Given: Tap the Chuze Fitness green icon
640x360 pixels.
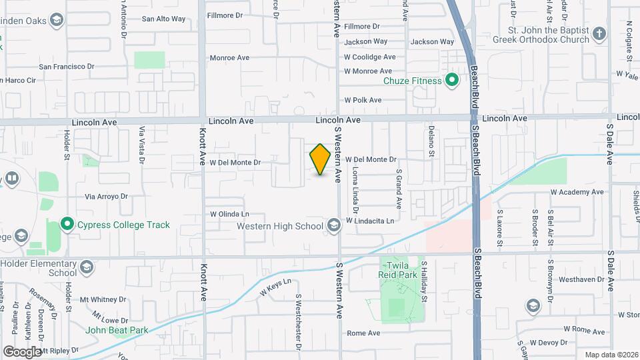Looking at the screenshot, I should pyautogui.click(x=451, y=81).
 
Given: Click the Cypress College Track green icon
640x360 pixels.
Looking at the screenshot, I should pyautogui.click(x=67, y=225).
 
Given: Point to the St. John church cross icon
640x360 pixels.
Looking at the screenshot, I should pyautogui.click(x=599, y=33).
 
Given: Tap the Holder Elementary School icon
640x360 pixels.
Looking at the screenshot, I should pyautogui.click(x=85, y=268).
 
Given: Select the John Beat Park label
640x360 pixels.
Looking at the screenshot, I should pyautogui.click(x=116, y=329).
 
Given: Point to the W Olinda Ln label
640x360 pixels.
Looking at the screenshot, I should pyautogui.click(x=229, y=215).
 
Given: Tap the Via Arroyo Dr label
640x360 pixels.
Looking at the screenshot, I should pyautogui.click(x=106, y=197).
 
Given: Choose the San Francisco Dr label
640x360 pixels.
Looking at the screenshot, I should pyautogui.click(x=67, y=67).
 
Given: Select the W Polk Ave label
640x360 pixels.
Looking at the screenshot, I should pyautogui.click(x=363, y=100).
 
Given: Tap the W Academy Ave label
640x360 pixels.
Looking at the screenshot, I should pyautogui.click(x=577, y=192).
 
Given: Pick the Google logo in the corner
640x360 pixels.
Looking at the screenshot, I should pyautogui.click(x=22, y=351).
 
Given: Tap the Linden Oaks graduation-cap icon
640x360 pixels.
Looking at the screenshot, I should pyautogui.click(x=56, y=20).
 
